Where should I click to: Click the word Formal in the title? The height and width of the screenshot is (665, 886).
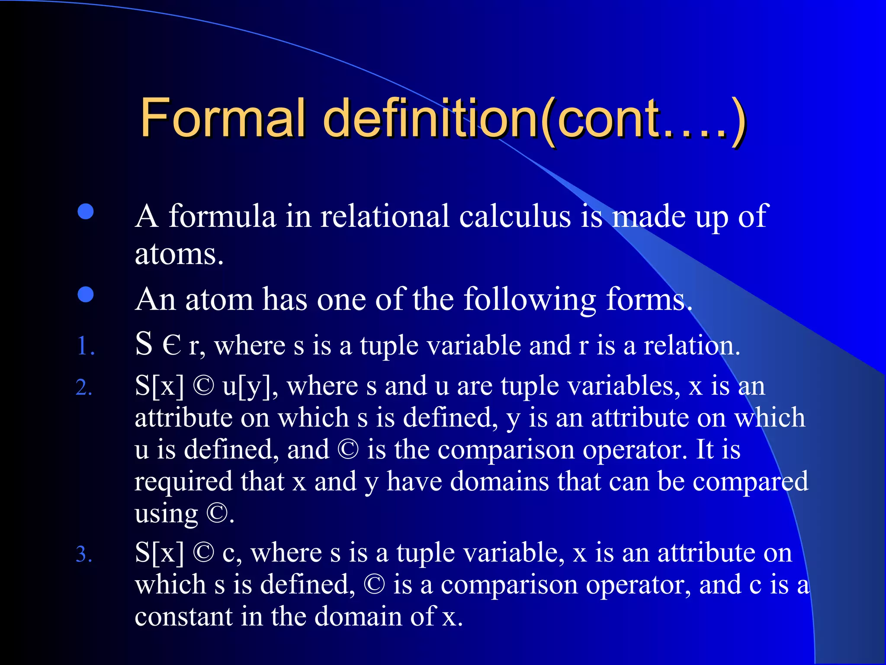[x=222, y=117]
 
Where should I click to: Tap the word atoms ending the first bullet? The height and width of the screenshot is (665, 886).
[x=179, y=254]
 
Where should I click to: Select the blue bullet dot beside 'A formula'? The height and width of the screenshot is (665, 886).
[x=86, y=212]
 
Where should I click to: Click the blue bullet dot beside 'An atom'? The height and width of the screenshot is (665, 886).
[x=86, y=294]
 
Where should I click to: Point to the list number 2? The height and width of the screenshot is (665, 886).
[x=84, y=387]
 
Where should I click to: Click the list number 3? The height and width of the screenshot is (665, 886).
[x=84, y=554]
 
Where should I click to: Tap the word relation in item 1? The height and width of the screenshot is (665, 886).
[x=691, y=345]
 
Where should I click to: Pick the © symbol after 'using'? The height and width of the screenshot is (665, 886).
[x=217, y=513]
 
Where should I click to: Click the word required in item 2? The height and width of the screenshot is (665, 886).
[x=183, y=482]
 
